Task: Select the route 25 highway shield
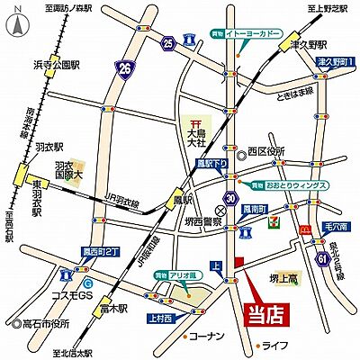coord(169,41)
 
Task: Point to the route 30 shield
coord(233,199)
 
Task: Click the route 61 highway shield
coord(322,260)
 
